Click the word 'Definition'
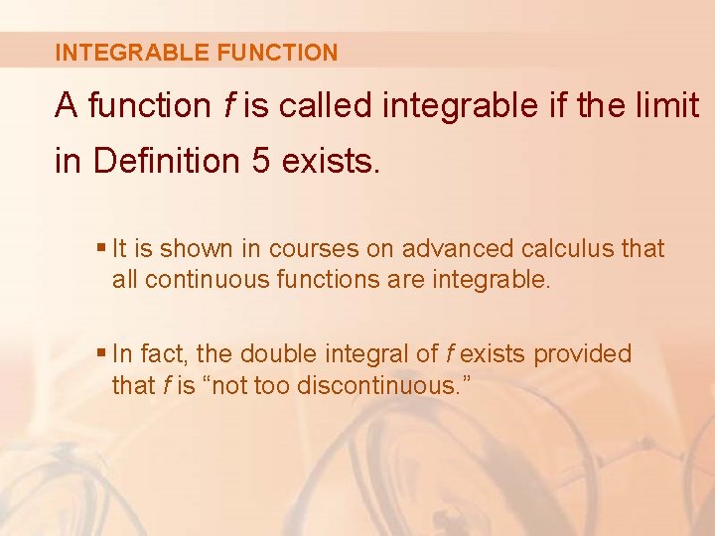pyautogui.click(x=167, y=161)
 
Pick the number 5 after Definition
pyautogui.click(x=261, y=161)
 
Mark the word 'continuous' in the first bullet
pyautogui.click(x=191, y=280)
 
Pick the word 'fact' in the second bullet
pyautogui.click(x=159, y=353)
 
